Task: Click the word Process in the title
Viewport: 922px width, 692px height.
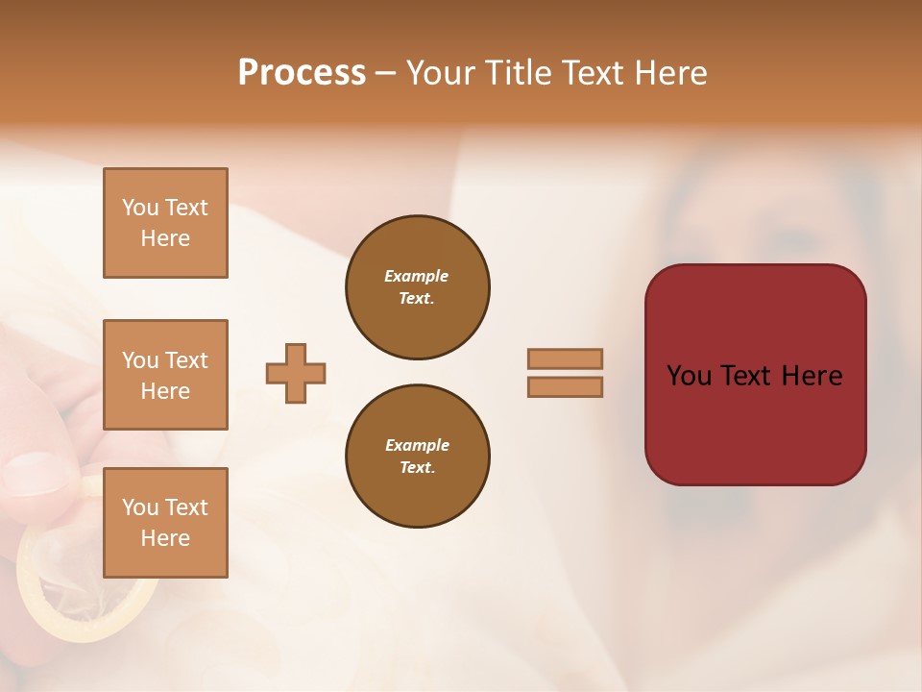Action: coord(302,73)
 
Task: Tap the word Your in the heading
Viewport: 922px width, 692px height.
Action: coord(443,73)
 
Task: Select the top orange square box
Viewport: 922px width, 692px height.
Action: coord(165,223)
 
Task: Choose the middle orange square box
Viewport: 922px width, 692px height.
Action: coord(165,375)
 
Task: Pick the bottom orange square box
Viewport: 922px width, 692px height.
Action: coord(165,522)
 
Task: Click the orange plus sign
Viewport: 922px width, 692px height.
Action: coord(296,373)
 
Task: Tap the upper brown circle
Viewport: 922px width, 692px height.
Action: coord(417,287)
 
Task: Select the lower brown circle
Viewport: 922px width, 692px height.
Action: coord(417,457)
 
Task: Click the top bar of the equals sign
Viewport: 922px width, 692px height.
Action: coord(565,358)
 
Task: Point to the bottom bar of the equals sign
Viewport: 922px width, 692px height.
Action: coord(565,386)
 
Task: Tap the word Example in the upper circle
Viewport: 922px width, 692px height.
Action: coord(416,276)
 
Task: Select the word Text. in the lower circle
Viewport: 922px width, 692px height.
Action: coord(417,468)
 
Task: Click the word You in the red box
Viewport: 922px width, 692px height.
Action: coord(690,376)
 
